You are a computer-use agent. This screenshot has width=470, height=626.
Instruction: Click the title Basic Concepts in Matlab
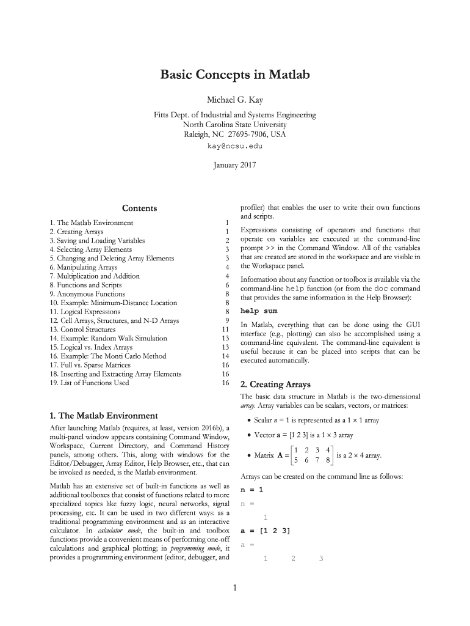click(235, 75)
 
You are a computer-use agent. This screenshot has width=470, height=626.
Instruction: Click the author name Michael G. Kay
click(235, 100)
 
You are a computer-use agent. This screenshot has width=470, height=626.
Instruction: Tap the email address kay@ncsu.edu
click(235, 147)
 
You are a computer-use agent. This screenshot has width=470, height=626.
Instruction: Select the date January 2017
click(235, 165)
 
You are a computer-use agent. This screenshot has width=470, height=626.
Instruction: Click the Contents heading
click(139, 208)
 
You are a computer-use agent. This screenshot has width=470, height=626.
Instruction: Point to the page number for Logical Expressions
click(226, 312)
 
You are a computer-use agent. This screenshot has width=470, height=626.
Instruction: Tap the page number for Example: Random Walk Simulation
click(225, 339)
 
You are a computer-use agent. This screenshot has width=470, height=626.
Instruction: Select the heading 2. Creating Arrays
click(276, 385)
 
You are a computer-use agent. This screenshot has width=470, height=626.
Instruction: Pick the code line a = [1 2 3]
click(265, 531)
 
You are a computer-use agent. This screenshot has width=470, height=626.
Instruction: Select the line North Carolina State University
click(235, 125)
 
